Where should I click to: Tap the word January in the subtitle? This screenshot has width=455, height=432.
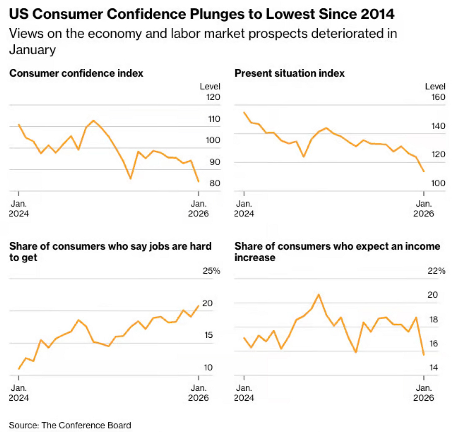coord(32,50)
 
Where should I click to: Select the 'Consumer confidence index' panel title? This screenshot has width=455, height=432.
coord(76,73)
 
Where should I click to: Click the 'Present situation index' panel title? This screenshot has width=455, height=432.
coord(289,73)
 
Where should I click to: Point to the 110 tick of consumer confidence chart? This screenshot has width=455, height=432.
coord(214,119)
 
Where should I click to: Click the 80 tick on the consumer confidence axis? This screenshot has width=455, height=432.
coord(215,183)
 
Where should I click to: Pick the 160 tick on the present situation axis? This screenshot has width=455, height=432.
coord(438,97)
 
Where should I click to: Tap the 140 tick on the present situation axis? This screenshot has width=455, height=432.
coord(438,126)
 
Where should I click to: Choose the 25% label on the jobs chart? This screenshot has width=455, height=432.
coord(211,271)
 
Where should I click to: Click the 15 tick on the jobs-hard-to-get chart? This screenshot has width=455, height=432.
coord(208,335)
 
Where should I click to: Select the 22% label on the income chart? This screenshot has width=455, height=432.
coord(436,271)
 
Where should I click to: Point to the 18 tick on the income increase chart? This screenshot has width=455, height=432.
coord(433,319)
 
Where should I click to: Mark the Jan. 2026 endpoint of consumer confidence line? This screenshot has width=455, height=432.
coord(198,181)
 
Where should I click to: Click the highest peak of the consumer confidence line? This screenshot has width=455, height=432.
coord(93,120)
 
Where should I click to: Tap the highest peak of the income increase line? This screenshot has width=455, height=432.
coord(318,294)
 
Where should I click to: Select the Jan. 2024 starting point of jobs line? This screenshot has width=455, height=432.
coord(19,369)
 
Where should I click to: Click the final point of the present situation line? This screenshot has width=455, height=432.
coord(424,171)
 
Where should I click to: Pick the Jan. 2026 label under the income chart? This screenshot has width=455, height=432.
coord(423,393)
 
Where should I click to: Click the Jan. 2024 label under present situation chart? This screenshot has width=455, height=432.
coord(244,208)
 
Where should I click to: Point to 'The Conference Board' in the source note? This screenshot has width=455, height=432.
coord(86,425)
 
